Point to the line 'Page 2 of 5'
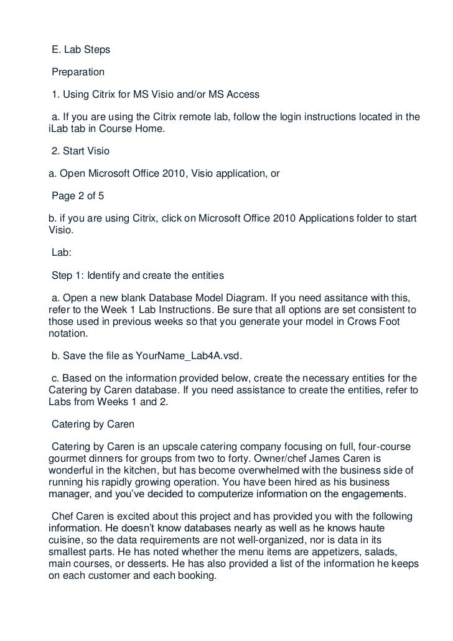[x=78, y=196]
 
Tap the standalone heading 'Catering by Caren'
[x=92, y=424]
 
